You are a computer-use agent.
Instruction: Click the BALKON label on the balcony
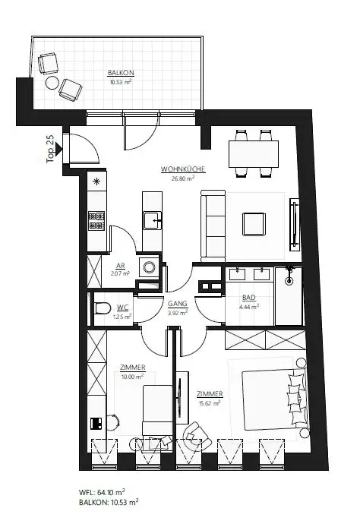coord(121,73)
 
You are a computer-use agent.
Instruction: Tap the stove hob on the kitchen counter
coord(97,221)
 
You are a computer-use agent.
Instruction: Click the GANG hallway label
coord(177,302)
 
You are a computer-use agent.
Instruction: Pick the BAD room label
coord(248,299)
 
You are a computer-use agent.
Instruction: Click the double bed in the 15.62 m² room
coord(270,398)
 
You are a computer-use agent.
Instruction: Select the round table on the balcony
coord(53,82)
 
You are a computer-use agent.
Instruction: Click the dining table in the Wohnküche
coord(253,154)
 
